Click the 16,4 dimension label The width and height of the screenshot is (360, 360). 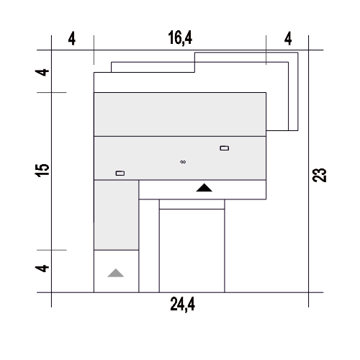180,38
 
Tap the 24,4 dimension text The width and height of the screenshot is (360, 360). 182,305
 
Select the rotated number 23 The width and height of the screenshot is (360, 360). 320,175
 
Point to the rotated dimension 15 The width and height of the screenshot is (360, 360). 42,171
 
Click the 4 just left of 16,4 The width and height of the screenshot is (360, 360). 72,39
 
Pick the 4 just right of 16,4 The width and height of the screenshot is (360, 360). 288,38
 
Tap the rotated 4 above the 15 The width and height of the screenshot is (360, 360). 42,72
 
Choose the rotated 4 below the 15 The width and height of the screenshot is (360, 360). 42,269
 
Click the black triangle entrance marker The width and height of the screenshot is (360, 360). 204,188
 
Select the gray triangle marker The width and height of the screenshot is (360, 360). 116,273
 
